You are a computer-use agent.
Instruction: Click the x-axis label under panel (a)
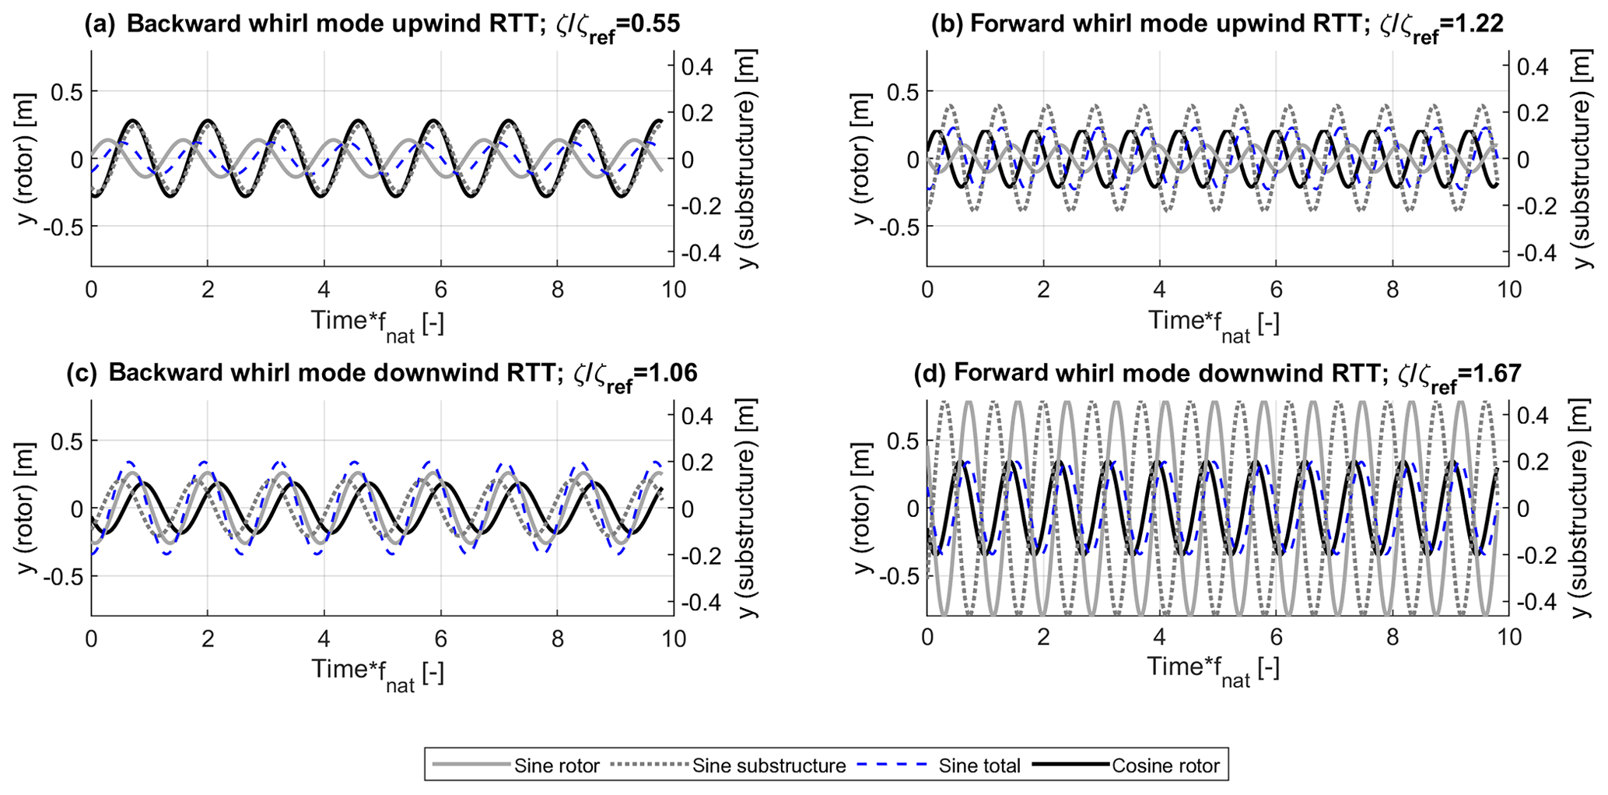pyautogui.click(x=378, y=322)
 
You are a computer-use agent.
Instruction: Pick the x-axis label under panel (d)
pyautogui.click(x=1213, y=669)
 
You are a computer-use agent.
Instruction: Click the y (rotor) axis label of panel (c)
pyautogui.click(x=28, y=508)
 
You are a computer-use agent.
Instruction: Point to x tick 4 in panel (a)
pyautogui.click(x=324, y=290)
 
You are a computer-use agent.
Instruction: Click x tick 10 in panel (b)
pyautogui.click(x=1508, y=290)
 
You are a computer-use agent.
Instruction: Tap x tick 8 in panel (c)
pyautogui.click(x=556, y=638)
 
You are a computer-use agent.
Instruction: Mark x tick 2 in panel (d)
pyautogui.click(x=1042, y=638)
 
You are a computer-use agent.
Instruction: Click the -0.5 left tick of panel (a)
pyautogui.click(x=67, y=227)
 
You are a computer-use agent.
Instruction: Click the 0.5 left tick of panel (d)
pyautogui.click(x=902, y=441)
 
